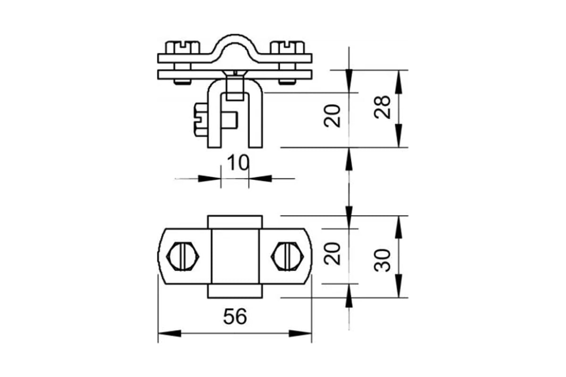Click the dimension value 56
click(x=235, y=317)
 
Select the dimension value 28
click(x=383, y=107)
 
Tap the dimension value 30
click(x=383, y=260)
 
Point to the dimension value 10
click(x=238, y=163)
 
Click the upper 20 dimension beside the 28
click(x=332, y=115)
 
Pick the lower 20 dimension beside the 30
click(x=332, y=254)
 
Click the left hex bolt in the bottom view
click(x=183, y=256)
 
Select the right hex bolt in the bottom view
click(x=287, y=256)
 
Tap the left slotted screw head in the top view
click(x=183, y=47)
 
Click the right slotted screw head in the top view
click(x=287, y=47)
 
